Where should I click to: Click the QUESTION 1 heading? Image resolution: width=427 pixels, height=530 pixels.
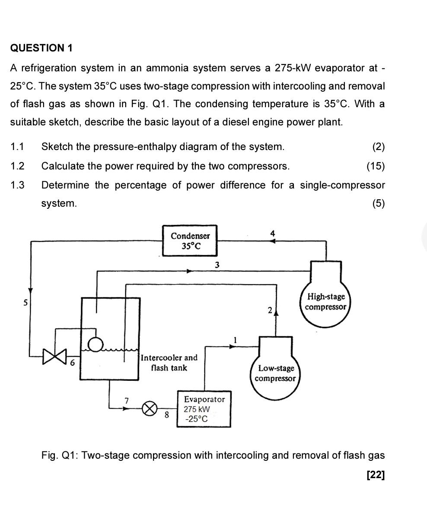41,48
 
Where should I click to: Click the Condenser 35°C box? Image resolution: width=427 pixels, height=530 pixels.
190,241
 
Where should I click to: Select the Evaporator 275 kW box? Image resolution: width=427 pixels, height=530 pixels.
203,409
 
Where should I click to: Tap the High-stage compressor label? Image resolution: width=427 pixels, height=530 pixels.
325,302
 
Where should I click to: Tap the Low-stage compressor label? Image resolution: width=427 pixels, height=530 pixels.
276,374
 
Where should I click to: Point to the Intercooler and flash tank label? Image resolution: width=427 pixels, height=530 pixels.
169,363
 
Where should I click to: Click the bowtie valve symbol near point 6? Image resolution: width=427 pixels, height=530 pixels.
55,356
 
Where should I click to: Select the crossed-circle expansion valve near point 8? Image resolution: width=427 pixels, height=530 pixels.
150,408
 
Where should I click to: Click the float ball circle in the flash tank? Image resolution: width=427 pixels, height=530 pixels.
96,344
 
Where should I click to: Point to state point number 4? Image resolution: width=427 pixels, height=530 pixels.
272,233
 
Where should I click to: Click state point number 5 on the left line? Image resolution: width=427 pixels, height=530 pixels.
25,303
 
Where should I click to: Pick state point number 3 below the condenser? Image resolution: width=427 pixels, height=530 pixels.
217,264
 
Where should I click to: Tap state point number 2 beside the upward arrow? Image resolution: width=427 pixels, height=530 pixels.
270,310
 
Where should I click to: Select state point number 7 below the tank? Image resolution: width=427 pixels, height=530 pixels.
127,401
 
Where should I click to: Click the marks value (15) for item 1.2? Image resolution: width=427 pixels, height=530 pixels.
375,166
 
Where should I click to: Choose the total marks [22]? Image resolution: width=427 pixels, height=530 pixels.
375,475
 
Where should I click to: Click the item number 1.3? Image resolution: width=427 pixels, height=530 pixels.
17,185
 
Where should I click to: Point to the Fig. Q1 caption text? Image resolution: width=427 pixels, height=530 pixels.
213,455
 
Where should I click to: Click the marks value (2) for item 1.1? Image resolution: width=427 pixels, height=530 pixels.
378,147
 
